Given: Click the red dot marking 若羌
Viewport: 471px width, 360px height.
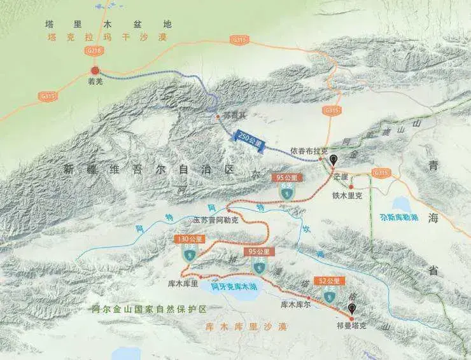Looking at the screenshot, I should click(95, 71).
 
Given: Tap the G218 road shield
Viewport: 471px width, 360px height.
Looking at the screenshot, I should click(94, 50).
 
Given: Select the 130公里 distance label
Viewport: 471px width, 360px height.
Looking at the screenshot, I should click(188, 239).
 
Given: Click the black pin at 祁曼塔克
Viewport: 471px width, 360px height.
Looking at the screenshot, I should click(351, 310).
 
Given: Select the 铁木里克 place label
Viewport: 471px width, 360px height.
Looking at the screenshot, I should click(347, 196).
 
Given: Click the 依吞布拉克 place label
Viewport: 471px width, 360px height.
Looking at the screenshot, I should click(309, 151).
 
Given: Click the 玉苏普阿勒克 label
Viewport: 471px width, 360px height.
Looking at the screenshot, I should click(216, 219).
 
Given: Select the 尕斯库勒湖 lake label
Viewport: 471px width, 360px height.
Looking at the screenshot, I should click(399, 216).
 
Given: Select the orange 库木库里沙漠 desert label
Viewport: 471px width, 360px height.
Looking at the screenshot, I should click(246, 326).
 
